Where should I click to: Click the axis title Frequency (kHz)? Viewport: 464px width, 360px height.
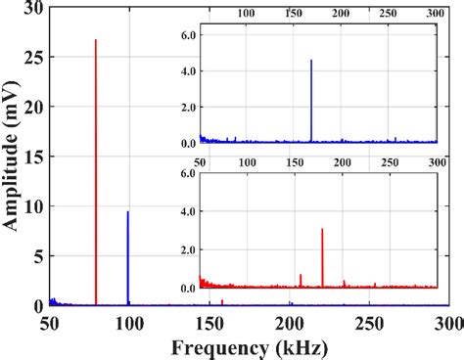250,347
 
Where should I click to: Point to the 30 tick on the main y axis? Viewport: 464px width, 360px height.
32,8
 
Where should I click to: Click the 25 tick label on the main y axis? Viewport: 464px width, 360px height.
32,58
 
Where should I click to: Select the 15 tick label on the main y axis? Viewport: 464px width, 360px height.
32,157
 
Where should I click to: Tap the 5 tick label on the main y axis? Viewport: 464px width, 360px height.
36,256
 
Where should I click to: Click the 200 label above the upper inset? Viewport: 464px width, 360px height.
341,14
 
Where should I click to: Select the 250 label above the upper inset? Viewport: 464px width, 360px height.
389,14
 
